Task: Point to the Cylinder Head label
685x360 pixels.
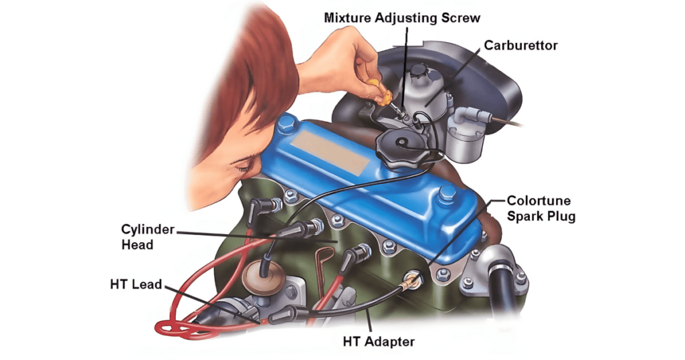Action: [147, 237]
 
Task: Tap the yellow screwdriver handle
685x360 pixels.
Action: [377, 89]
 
